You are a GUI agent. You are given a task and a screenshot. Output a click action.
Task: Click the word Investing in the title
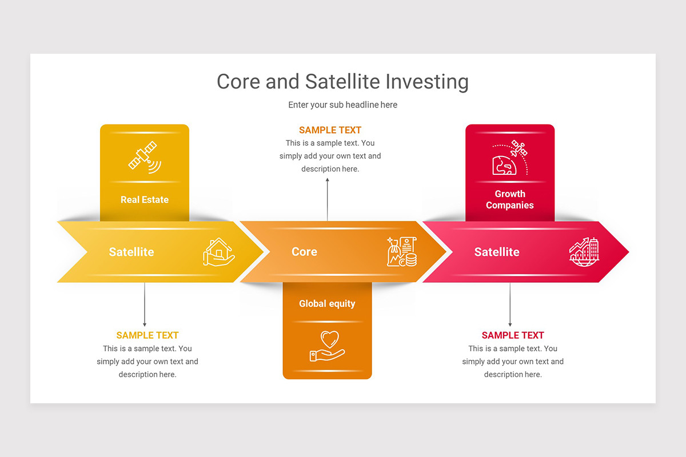click(426, 82)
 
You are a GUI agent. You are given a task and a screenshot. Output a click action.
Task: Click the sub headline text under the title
click(342, 105)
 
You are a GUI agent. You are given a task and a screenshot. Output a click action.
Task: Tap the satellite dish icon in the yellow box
click(144, 157)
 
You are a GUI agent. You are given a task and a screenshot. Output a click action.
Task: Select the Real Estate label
click(144, 199)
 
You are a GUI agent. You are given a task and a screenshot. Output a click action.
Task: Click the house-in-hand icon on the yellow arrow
click(218, 252)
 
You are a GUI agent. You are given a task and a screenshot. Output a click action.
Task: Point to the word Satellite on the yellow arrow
click(131, 252)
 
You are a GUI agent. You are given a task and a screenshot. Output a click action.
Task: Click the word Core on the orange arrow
click(304, 252)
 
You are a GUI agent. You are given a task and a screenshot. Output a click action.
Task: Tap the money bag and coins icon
click(402, 252)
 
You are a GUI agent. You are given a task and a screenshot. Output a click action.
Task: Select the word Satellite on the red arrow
click(497, 252)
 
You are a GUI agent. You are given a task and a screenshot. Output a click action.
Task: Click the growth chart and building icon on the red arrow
click(584, 252)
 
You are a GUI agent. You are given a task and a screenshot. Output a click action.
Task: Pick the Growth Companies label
click(510, 199)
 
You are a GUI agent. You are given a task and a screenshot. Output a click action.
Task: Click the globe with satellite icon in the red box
click(510, 158)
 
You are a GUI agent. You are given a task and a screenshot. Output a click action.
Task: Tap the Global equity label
click(327, 303)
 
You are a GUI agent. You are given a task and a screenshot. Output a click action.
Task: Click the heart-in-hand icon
click(327, 346)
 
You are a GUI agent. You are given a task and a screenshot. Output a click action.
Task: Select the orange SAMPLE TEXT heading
click(330, 130)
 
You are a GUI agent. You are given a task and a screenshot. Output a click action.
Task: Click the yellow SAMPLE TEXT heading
click(147, 335)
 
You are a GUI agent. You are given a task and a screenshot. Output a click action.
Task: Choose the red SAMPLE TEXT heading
click(513, 335)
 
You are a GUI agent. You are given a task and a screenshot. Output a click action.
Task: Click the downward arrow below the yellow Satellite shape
click(145, 305)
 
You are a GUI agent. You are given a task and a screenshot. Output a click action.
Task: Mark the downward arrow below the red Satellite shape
click(510, 305)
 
